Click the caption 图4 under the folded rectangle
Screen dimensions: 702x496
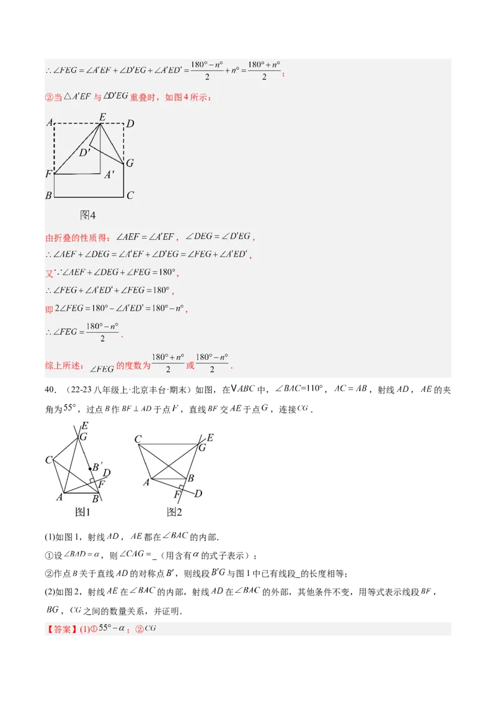click(87, 215)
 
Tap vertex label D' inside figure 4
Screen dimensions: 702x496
click(84, 152)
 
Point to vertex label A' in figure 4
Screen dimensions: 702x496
click(109, 175)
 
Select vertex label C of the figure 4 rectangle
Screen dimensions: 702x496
click(130, 196)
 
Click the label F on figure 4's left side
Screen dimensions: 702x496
click(48, 174)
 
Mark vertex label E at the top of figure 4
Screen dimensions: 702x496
click(102, 116)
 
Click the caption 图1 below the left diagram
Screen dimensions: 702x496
click(82, 512)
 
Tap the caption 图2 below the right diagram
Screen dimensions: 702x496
click(174, 512)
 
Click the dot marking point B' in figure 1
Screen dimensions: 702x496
click(91, 468)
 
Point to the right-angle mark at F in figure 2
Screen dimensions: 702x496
click(182, 488)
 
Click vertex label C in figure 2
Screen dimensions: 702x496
click(138, 440)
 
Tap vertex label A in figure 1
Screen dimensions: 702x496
click(60, 497)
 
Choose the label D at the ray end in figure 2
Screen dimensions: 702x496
click(198, 493)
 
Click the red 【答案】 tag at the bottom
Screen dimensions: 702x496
click(61, 629)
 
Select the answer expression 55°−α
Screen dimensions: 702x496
click(114, 628)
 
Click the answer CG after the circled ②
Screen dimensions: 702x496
click(150, 628)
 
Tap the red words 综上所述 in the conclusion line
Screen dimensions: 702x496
click(64, 366)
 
